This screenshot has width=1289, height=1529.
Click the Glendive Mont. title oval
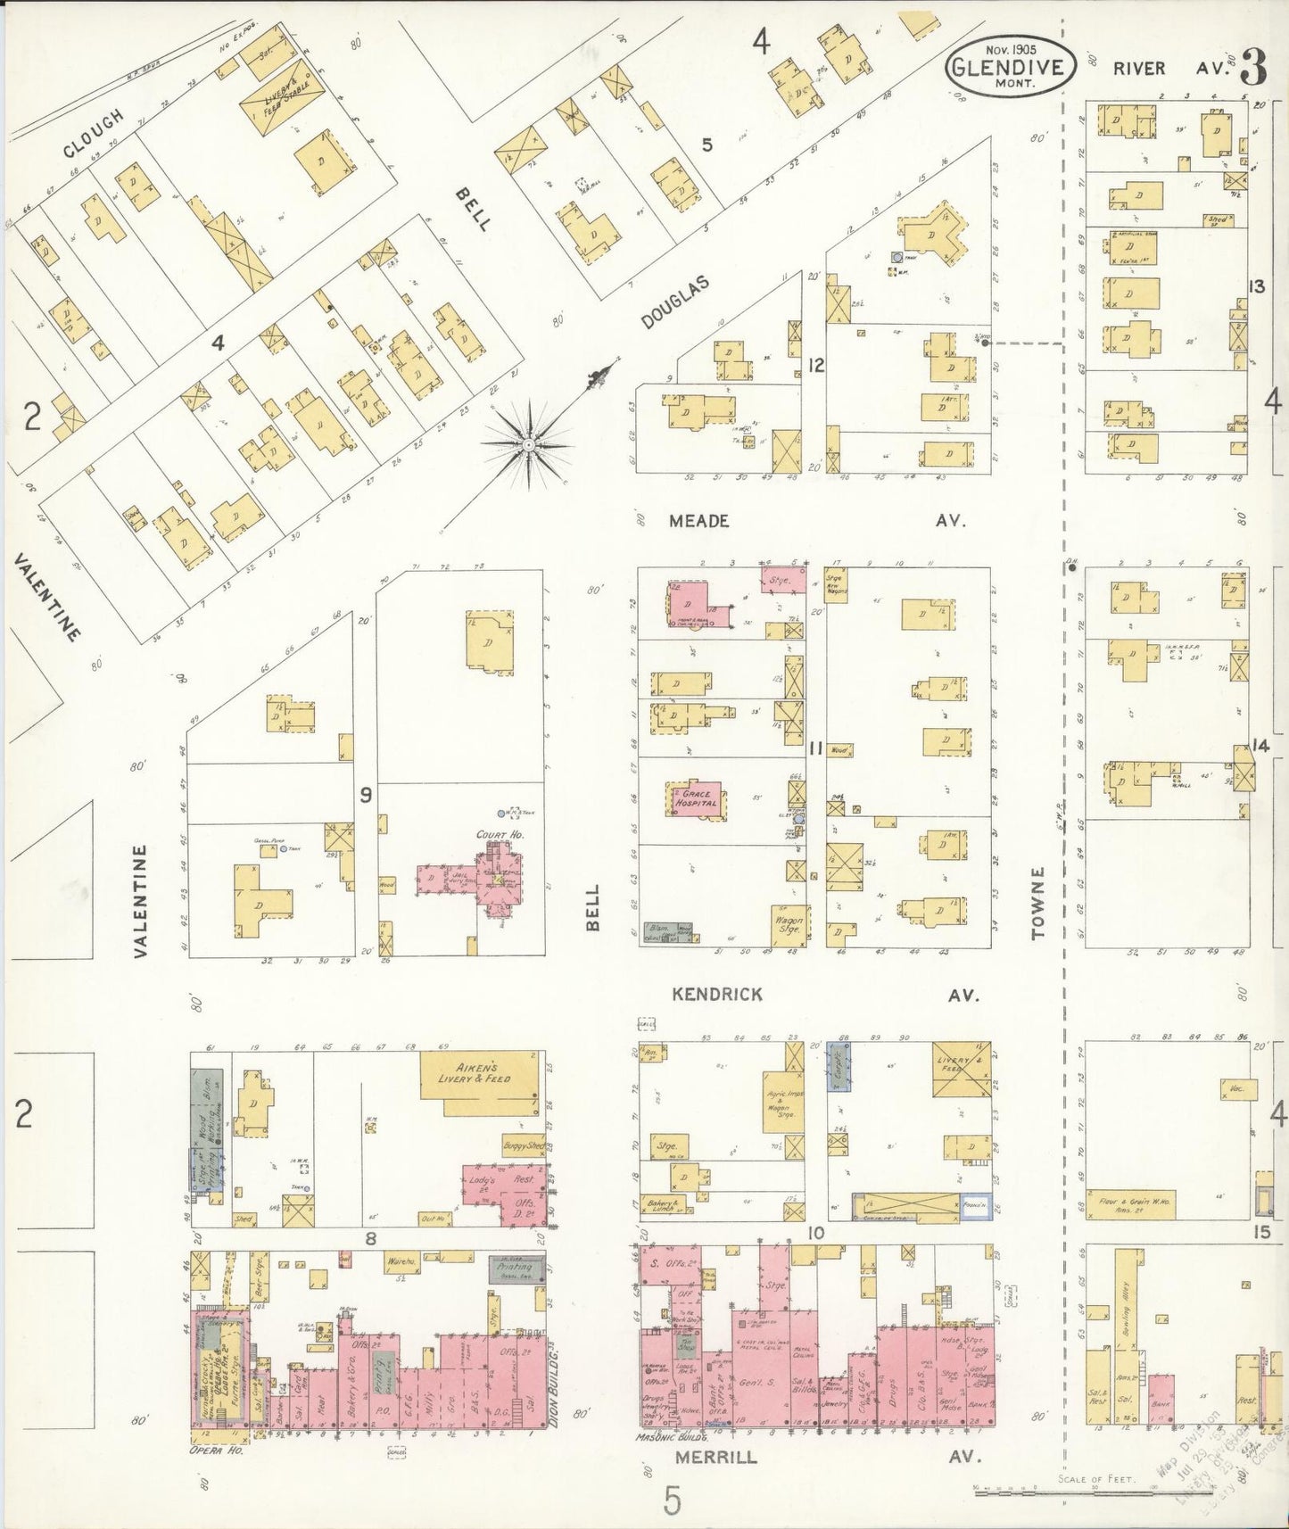pos(1010,64)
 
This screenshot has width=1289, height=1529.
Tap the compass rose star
pos(528,443)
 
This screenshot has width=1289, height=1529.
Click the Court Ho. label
pos(491,836)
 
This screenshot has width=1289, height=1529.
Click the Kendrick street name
pos(717,994)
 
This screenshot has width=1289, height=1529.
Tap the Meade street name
pos(699,520)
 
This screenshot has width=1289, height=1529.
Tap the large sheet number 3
pos(1253,68)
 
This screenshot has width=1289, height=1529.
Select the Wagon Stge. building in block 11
pos(789,925)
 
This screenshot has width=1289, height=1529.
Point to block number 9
pos(365,794)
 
